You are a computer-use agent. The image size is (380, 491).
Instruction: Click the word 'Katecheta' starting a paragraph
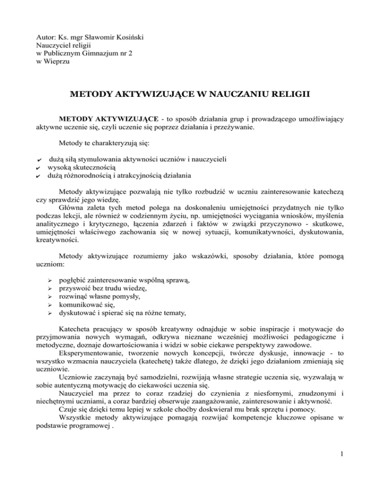coord(76,331)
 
